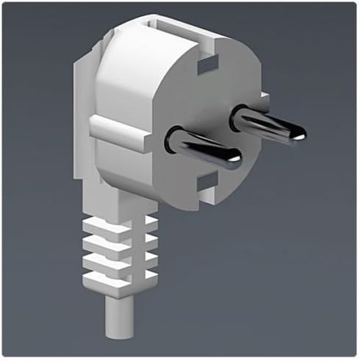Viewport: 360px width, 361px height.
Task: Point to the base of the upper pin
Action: click(x=240, y=115)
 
